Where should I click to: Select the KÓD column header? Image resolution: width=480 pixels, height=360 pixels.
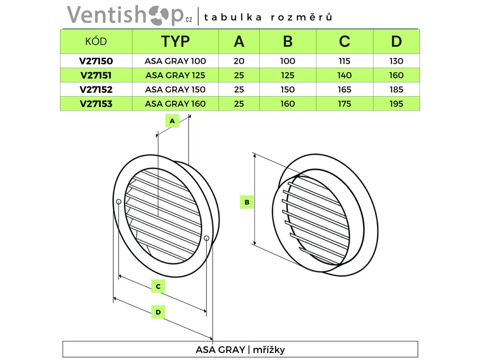pyautogui.click(x=96, y=41)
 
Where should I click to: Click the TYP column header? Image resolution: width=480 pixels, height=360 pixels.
pyautogui.click(x=175, y=41)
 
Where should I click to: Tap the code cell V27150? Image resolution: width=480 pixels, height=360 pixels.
pyautogui.click(x=96, y=61)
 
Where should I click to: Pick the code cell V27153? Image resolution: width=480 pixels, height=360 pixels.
pyautogui.click(x=96, y=104)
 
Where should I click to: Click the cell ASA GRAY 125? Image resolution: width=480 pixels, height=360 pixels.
pyautogui.click(x=175, y=75)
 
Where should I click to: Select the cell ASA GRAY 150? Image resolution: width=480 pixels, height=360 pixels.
pyautogui.click(x=175, y=90)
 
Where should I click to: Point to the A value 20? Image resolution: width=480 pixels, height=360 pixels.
pyautogui.click(x=239, y=61)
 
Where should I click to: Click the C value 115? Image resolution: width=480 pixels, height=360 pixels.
pyautogui.click(x=345, y=61)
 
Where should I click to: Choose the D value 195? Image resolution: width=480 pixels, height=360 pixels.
pyautogui.click(x=397, y=104)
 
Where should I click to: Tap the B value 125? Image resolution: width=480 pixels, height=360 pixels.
pyautogui.click(x=288, y=75)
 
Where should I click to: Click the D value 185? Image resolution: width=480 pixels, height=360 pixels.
pyautogui.click(x=397, y=90)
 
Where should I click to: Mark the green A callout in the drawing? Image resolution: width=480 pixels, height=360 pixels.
pyautogui.click(x=172, y=121)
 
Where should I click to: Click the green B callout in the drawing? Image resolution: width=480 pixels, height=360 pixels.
pyautogui.click(x=247, y=202)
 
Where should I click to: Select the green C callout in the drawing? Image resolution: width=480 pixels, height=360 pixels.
pyautogui.click(x=158, y=286)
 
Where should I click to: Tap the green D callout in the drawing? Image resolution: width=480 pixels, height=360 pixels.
pyautogui.click(x=158, y=312)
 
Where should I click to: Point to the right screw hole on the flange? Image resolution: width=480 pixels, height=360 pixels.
pyautogui.click(x=207, y=238)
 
